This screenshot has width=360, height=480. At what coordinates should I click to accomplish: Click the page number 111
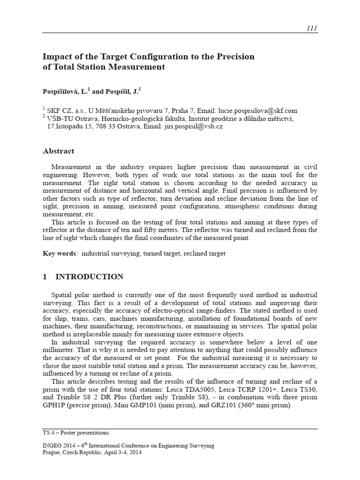tap(312, 28)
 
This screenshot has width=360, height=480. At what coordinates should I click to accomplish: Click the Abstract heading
tap(58, 151)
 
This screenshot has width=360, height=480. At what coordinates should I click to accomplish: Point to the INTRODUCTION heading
tap(90, 277)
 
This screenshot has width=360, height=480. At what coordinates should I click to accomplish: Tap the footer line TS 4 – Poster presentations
tap(75, 433)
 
